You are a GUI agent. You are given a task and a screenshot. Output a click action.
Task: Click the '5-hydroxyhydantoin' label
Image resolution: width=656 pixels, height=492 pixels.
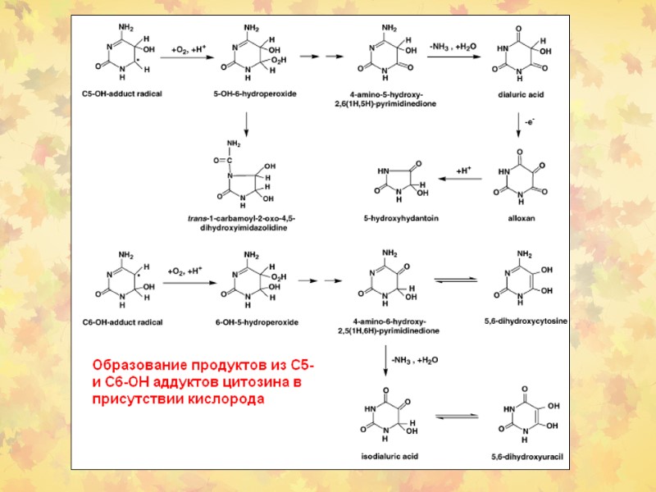[x=392, y=218]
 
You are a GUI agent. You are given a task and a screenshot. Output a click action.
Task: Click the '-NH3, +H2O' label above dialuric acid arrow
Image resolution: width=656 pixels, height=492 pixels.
[x=452, y=48]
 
